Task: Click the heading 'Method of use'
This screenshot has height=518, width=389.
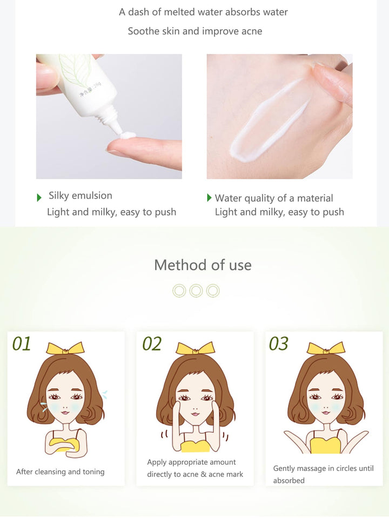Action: pos(203,265)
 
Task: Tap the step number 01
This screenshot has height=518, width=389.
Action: pos(22,344)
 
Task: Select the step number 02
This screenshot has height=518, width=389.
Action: pos(152,344)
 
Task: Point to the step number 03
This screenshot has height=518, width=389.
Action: pos(278,344)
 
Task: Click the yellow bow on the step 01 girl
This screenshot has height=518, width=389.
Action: pos(65,348)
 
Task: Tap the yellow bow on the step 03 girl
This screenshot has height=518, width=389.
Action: pos(326,348)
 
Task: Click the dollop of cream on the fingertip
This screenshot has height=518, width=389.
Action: pos(128,135)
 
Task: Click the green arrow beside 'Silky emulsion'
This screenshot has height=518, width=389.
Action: pos(39,198)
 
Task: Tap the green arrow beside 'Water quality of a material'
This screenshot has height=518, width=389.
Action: pos(209,198)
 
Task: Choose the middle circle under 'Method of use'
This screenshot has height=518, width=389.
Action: pos(196,291)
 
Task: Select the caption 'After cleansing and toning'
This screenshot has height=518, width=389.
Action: pos(60,472)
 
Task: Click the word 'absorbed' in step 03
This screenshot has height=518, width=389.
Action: pos(289,480)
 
